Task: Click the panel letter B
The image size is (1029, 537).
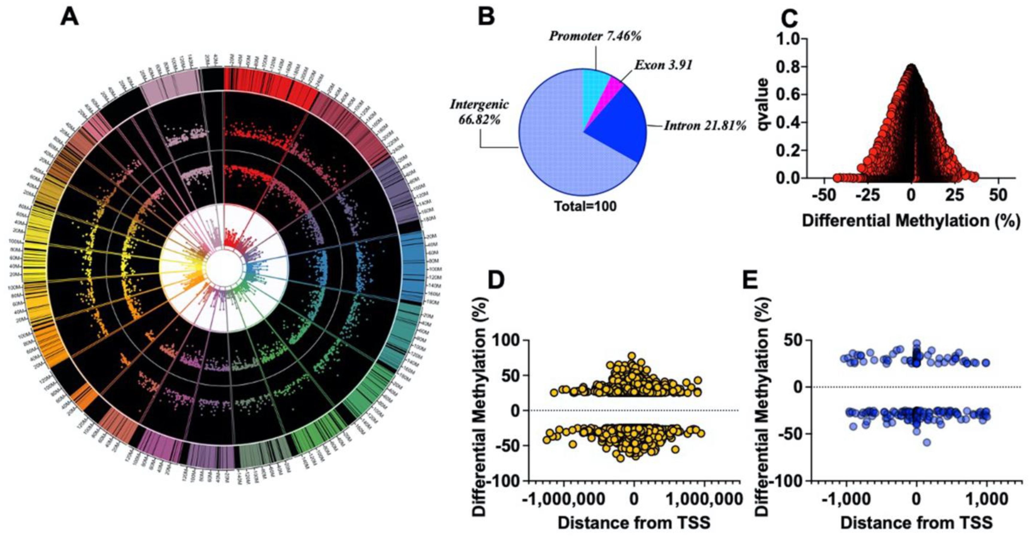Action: point(486,17)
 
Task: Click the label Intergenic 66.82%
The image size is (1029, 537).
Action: point(480,111)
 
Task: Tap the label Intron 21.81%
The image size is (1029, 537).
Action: point(705,126)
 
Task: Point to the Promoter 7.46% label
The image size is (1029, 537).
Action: point(595,36)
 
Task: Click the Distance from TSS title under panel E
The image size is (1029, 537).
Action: point(916,523)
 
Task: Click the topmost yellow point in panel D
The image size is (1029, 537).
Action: point(631,356)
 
